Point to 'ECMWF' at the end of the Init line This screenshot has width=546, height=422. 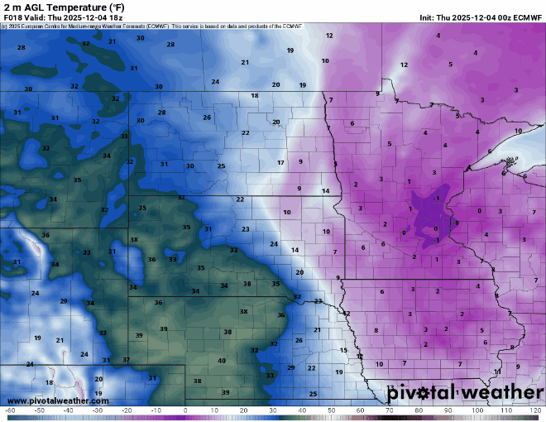tap(526, 17)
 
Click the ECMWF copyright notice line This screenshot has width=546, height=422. tap(153, 26)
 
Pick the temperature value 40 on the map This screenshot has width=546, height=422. tap(222, 361)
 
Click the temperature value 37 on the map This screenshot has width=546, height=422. tap(126, 360)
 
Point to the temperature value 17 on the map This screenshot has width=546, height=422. tap(280, 163)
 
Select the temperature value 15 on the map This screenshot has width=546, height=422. tap(343, 351)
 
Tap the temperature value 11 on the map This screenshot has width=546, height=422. tap(497, 372)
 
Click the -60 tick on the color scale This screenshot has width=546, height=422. tap(10, 410)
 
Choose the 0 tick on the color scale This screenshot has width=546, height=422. tap(185, 410)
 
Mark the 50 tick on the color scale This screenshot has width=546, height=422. tap(331, 410)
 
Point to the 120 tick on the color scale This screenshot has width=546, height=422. tap(535, 410)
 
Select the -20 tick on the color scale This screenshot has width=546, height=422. tap(127, 410)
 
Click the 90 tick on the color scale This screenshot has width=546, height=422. tap(448, 410)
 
